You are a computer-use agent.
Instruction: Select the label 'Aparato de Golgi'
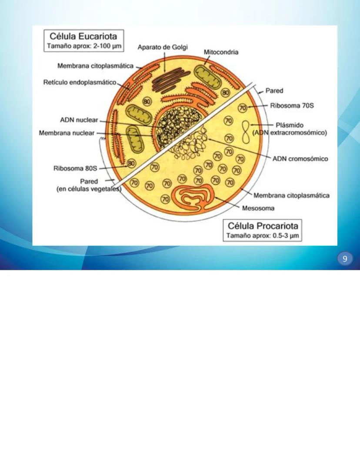(x=163, y=47)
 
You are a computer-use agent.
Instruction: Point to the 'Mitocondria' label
(x=221, y=52)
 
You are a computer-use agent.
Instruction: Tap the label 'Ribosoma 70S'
(x=290, y=105)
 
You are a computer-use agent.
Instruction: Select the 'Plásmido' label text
(x=290, y=125)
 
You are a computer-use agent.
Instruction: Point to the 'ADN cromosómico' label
(x=300, y=159)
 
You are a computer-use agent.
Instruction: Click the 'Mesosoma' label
(x=258, y=208)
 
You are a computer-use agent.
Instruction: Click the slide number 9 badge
(x=345, y=259)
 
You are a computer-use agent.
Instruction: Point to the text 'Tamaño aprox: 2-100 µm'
(x=84, y=45)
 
